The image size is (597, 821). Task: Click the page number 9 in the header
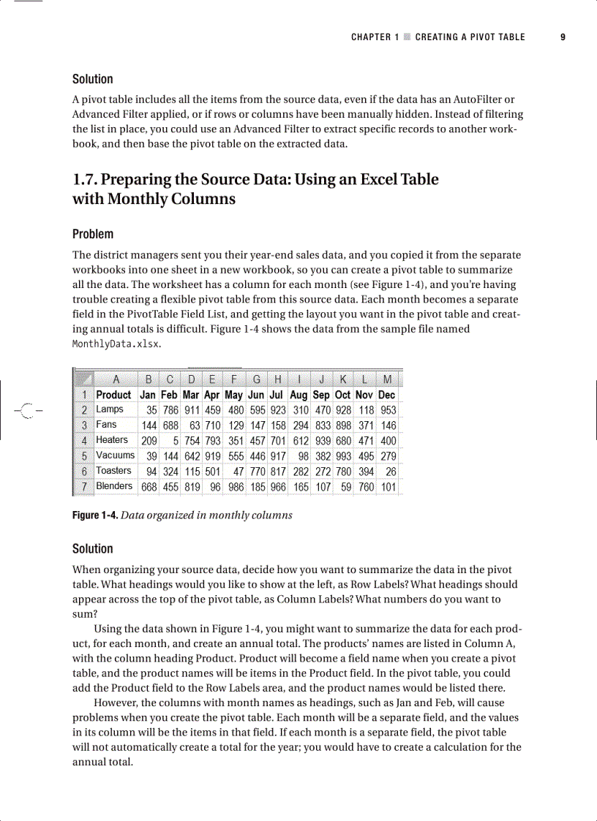coord(563,37)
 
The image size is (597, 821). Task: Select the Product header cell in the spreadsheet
coord(113,395)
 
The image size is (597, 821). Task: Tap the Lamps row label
coord(110,409)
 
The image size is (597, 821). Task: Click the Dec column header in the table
coord(387,395)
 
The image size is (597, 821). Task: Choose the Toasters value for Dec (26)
coord(391,472)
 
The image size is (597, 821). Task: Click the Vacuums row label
coord(115,455)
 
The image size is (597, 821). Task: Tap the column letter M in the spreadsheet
coord(387,379)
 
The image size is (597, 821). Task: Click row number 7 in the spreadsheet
coord(84,487)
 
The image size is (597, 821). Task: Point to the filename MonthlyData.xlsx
coord(116,344)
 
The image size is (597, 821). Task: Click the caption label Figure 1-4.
coord(94,515)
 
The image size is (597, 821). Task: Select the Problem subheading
coord(93,234)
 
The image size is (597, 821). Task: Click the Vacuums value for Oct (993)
coord(343,456)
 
